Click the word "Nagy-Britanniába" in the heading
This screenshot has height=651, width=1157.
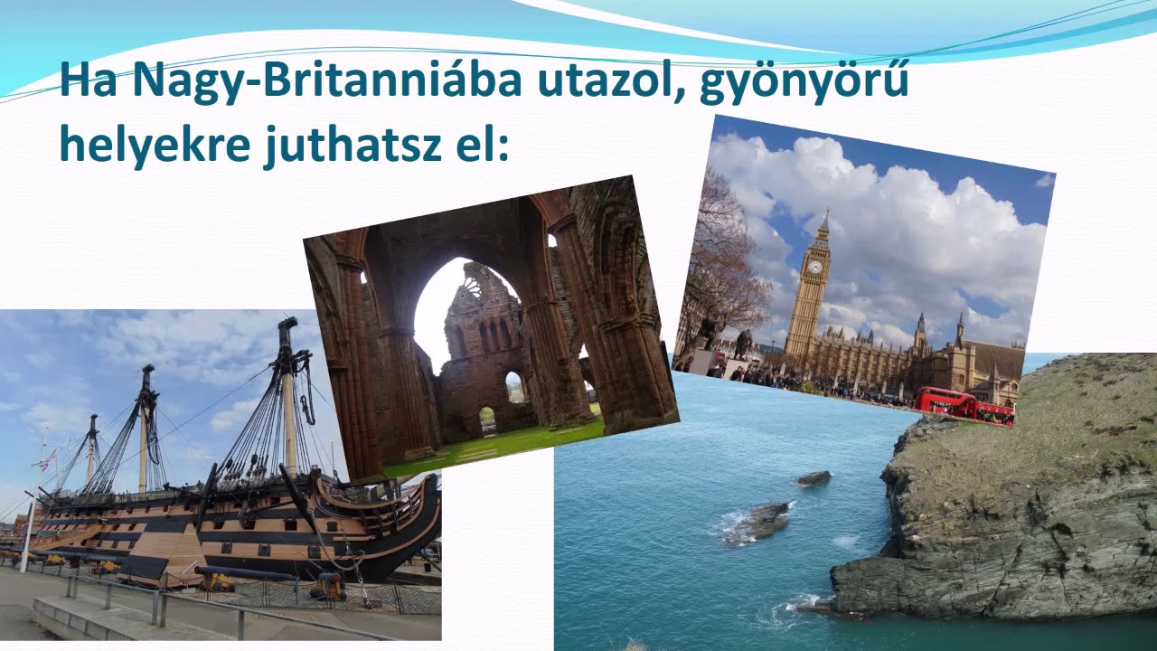(x=327, y=80)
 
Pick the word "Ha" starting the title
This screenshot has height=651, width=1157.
(x=89, y=80)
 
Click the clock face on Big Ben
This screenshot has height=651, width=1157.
(x=814, y=267)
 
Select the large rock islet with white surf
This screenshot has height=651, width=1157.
(x=757, y=523)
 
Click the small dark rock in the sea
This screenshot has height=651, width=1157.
(x=814, y=478)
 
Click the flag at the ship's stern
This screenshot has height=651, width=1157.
(x=42, y=462)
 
